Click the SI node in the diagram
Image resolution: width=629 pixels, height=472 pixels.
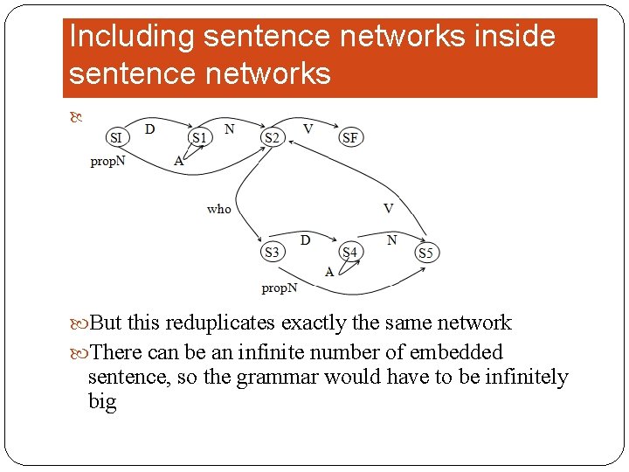tap(115, 137)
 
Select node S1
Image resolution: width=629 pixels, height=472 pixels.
tap(200, 137)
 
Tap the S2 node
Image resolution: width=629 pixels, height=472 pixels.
tap(272, 137)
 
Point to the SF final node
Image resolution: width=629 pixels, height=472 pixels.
tap(349, 137)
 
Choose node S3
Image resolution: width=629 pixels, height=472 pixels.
tap(272, 253)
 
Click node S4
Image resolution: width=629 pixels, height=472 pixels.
tap(349, 253)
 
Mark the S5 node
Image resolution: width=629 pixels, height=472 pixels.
tap(425, 253)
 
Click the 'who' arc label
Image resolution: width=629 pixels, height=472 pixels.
tap(219, 209)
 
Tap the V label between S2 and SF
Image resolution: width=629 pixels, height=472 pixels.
tap(308, 128)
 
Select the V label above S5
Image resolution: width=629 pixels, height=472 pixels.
tap(388, 208)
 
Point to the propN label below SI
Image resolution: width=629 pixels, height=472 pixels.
tap(107, 162)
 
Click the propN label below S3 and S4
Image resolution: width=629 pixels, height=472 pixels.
tap(279, 288)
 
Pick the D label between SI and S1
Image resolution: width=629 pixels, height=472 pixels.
tap(150, 129)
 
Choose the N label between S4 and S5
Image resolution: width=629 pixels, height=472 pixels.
tap(392, 239)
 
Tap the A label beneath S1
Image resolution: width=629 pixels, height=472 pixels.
tap(178, 160)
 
